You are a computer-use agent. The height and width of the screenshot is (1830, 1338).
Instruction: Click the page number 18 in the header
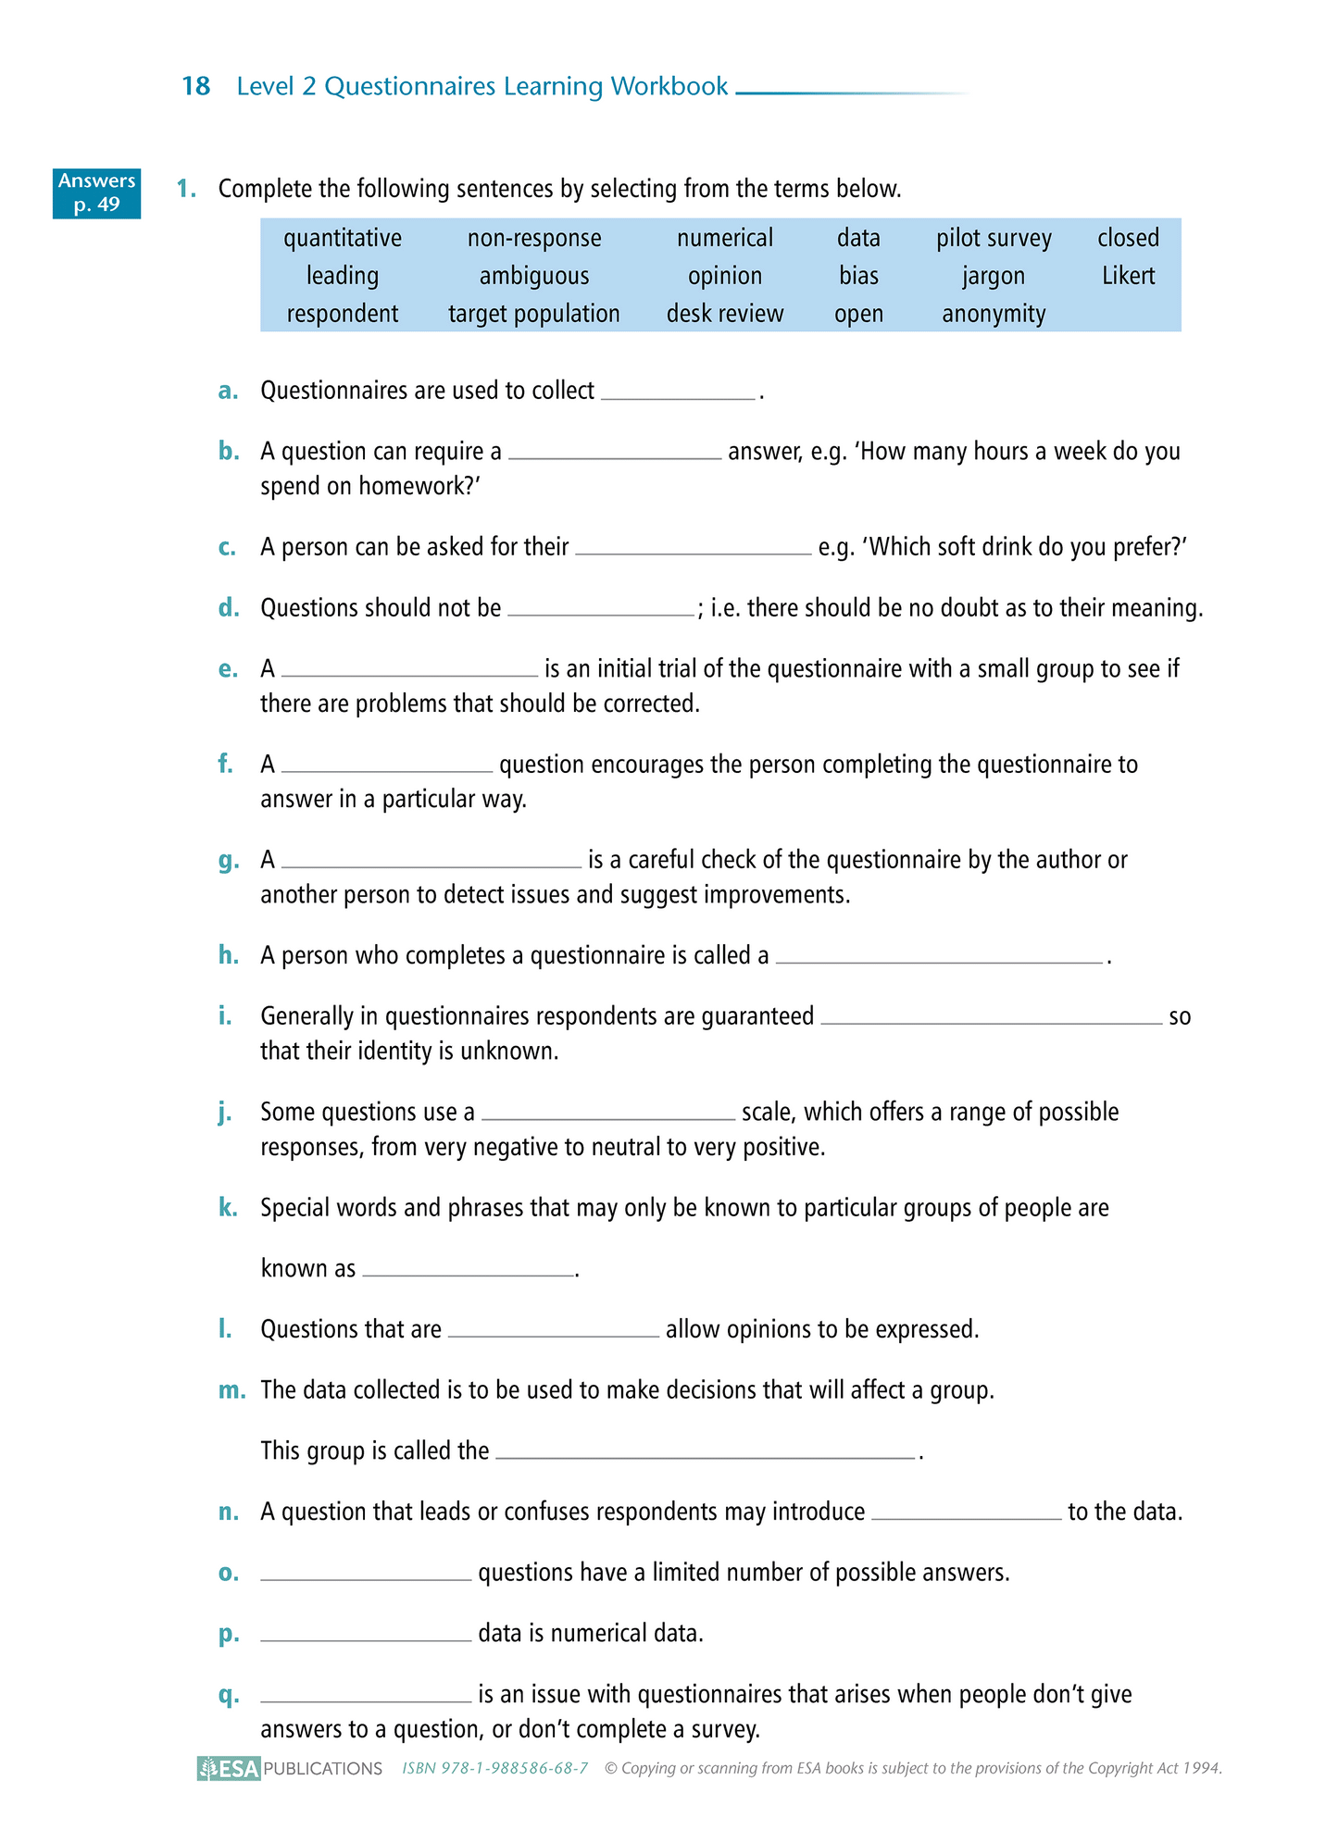point(196,86)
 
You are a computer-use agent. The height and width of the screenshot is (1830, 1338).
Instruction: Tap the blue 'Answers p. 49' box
point(96,193)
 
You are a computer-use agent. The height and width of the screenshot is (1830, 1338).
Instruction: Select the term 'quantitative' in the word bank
point(343,238)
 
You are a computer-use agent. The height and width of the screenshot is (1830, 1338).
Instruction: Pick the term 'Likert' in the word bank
point(1128,276)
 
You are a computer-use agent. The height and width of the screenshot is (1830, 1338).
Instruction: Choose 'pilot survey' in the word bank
point(994,238)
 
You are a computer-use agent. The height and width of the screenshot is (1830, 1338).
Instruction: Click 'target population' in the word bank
point(533,314)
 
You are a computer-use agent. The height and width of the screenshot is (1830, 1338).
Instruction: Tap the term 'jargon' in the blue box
point(994,276)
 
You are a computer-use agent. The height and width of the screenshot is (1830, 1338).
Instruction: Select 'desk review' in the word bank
point(725,314)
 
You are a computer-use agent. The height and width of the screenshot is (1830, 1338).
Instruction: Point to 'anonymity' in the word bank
point(994,314)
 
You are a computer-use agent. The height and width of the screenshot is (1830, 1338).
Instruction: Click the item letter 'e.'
point(228,669)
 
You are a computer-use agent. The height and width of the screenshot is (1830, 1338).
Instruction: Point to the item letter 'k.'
point(228,1208)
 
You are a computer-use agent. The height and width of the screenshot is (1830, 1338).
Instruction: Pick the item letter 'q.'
point(228,1695)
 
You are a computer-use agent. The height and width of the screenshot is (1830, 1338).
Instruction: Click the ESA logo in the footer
point(229,1768)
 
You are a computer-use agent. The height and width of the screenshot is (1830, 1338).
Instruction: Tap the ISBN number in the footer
point(495,1768)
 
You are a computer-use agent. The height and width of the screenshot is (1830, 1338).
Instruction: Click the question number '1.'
point(186,189)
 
